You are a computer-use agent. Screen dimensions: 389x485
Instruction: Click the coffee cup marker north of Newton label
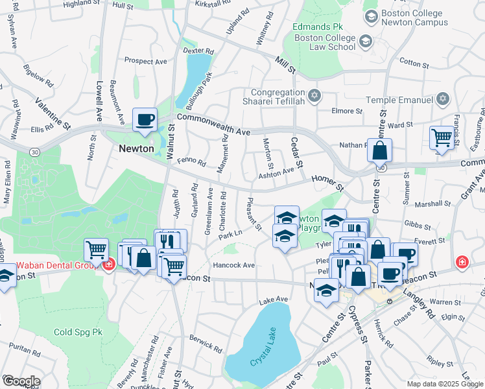tap(145, 120)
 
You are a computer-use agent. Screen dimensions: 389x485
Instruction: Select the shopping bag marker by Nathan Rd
tap(379, 151)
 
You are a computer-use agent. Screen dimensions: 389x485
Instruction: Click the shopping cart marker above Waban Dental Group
tap(96, 249)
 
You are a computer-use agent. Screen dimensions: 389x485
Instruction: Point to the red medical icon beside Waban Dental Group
tap(109, 265)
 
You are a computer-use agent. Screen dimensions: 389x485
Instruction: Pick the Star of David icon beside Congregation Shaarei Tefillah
tap(314, 95)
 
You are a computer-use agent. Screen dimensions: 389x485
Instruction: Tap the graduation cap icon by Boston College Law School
tap(366, 41)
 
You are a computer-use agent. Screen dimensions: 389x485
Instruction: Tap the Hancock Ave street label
tap(234, 265)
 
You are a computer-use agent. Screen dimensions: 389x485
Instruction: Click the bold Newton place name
tap(136, 148)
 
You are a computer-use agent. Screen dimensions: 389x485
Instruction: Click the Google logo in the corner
tap(21, 381)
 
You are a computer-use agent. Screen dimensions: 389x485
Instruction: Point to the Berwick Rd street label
tap(206, 339)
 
